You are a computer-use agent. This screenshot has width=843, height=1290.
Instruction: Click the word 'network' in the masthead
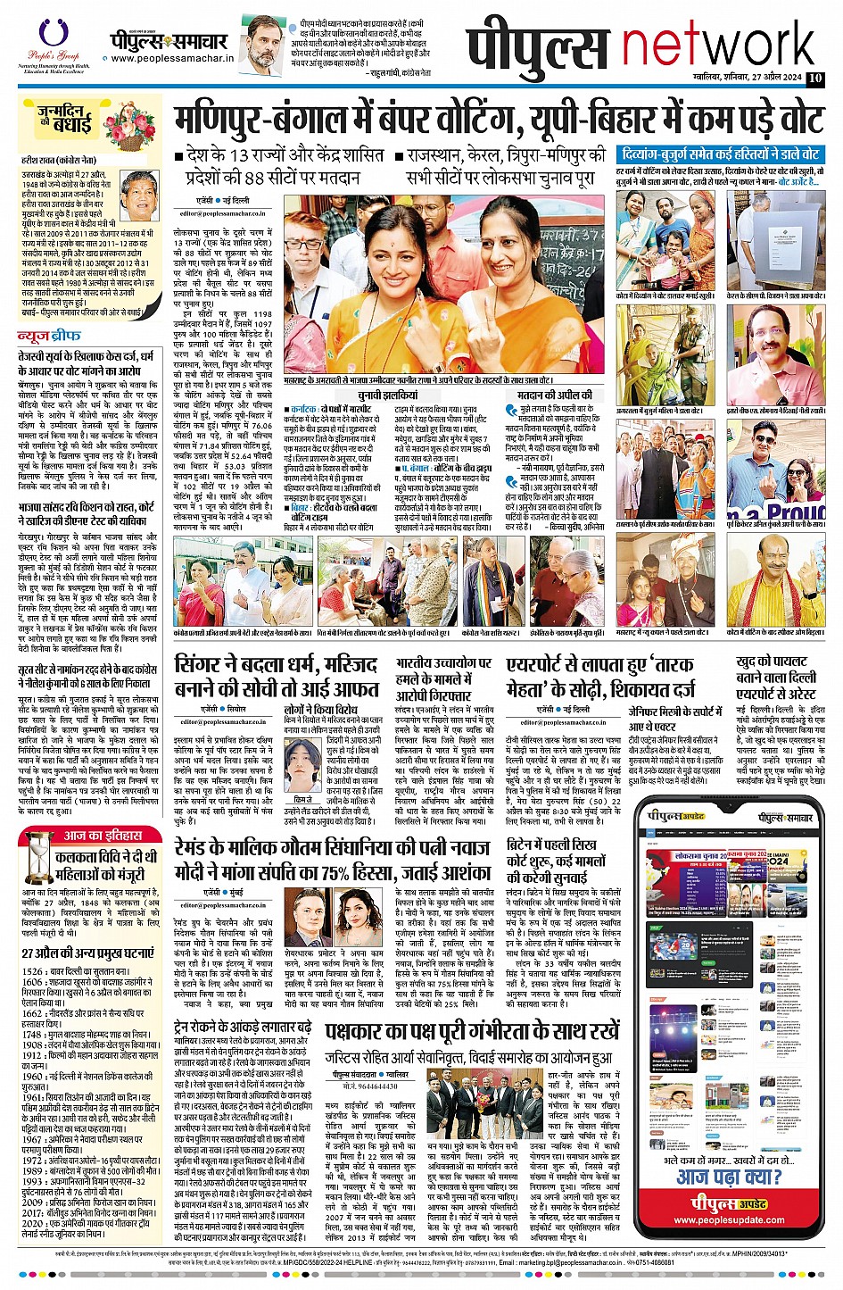[x=719, y=44]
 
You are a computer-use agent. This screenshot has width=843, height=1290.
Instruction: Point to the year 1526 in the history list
[x=33, y=970]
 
